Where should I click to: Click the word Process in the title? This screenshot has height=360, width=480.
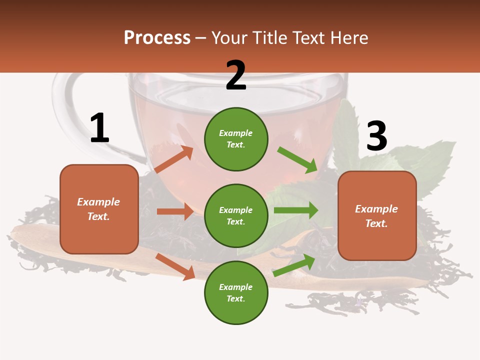click(x=157, y=38)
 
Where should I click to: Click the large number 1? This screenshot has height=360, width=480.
click(x=99, y=128)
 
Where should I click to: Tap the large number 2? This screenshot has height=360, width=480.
click(x=235, y=76)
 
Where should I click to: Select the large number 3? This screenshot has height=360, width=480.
click(x=376, y=136)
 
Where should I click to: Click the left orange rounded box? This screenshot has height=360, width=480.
click(x=99, y=209)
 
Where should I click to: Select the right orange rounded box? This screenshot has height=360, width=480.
click(x=377, y=216)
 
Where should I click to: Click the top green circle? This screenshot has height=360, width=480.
click(x=236, y=139)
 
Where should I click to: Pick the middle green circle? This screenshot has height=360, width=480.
click(x=236, y=215)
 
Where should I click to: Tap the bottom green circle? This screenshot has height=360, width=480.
click(x=236, y=292)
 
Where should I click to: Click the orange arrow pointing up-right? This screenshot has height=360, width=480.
click(x=174, y=159)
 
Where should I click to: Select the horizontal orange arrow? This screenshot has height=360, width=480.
click(x=175, y=211)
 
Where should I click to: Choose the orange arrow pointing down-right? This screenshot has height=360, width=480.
click(x=175, y=266)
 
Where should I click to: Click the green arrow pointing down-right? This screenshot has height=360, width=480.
click(x=297, y=159)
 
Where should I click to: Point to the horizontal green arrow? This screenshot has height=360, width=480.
click(x=295, y=210)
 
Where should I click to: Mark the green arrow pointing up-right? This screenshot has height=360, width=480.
click(x=294, y=265)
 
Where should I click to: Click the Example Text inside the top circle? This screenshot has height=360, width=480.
click(x=236, y=139)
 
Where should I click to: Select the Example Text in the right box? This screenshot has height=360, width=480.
click(x=376, y=216)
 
